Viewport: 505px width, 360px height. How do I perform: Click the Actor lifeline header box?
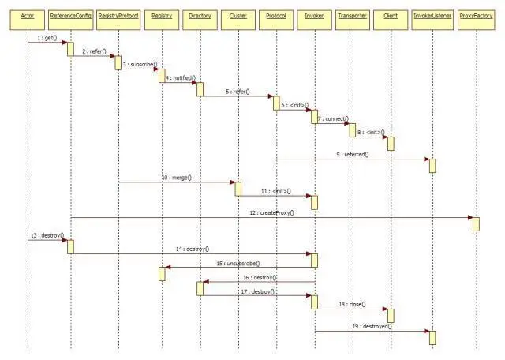(27, 15)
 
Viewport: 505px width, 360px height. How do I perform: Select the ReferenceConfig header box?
(70, 15)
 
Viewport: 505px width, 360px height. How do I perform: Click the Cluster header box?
(238, 15)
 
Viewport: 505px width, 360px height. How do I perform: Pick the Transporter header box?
(351, 15)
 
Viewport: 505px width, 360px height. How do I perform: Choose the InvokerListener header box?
(432, 15)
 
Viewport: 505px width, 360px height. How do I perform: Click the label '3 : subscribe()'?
(140, 64)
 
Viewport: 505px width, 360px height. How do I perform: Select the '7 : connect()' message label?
(332, 118)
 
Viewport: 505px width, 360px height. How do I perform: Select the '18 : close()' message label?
(350, 302)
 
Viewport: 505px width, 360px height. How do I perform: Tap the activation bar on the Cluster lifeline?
(238, 189)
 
